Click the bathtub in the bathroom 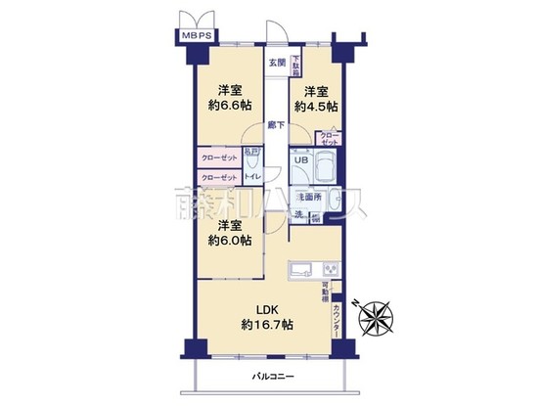click(325, 168)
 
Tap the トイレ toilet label click(251, 177)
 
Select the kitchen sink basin click(299, 269)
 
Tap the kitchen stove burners click(330, 268)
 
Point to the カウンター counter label click(337, 321)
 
